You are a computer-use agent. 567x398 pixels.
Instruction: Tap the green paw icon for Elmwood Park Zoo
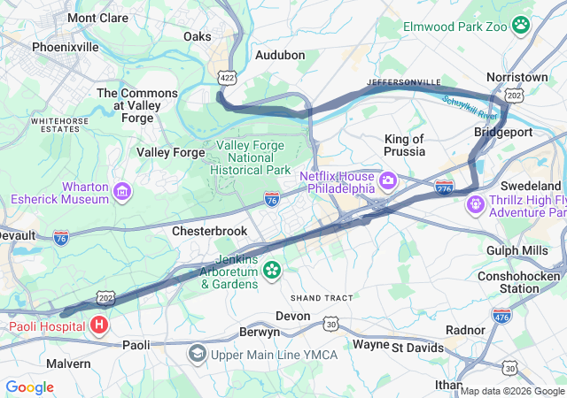tap(522, 27)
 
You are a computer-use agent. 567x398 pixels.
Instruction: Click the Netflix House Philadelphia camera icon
tap(387, 181)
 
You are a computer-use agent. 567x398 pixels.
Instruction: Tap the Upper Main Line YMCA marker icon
tap(196, 355)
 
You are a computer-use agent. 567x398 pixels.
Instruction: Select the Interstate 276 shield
tap(445, 188)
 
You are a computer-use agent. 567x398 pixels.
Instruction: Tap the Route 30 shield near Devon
tap(330, 325)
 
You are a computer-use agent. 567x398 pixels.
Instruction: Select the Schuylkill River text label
tap(470, 108)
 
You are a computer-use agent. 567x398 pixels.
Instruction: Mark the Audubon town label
tap(280, 55)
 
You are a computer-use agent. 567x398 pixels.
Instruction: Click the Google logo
tap(29, 387)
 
